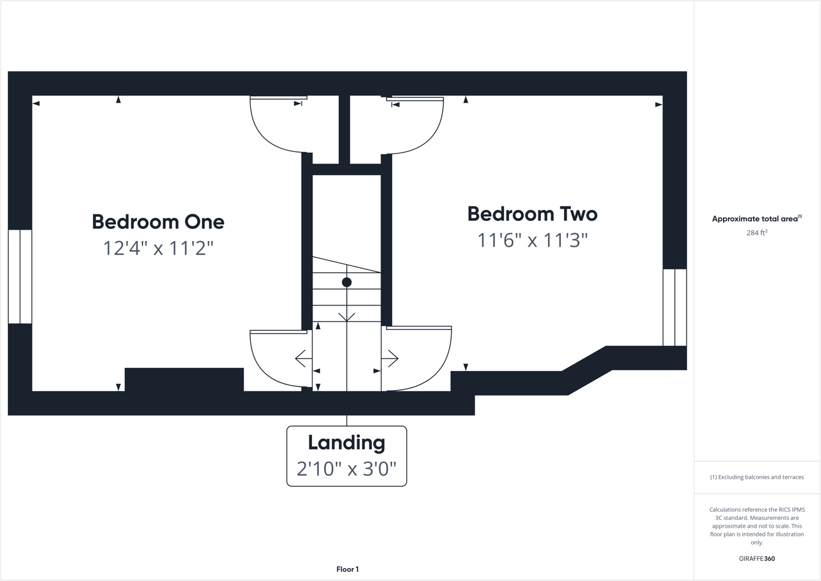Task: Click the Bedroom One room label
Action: tap(158, 222)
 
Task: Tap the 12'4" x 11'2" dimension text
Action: tap(158, 248)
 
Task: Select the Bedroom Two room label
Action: tap(532, 214)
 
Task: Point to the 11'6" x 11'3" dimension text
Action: tap(532, 240)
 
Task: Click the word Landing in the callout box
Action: tap(346, 443)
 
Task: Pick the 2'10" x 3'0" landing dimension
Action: tap(346, 469)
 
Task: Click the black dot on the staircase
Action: tap(347, 282)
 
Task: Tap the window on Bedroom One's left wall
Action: tap(20, 277)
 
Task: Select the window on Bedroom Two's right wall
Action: tap(675, 307)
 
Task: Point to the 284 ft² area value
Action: tap(757, 233)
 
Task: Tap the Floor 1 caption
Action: tap(347, 569)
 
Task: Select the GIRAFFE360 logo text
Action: tap(757, 558)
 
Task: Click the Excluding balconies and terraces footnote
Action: tap(757, 477)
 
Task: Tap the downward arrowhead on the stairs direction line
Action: tap(347, 317)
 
